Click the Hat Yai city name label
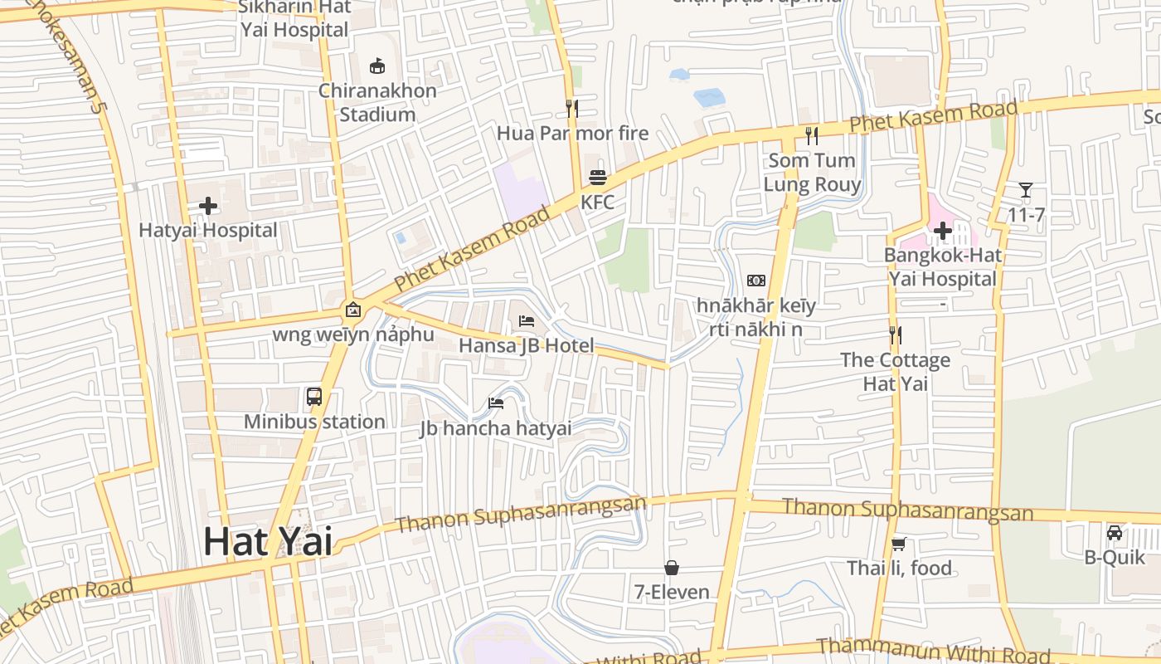[x=268, y=542]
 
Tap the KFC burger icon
[x=598, y=177]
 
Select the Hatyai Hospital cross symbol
[x=207, y=205]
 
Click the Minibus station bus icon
[x=314, y=396]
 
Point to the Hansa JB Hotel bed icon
[x=527, y=320]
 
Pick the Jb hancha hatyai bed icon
[x=496, y=403]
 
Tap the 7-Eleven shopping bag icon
[x=672, y=568]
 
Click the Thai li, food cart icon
[x=898, y=544]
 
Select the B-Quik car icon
[x=1115, y=532]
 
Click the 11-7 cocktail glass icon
[x=1026, y=190]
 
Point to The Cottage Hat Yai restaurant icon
[x=895, y=335]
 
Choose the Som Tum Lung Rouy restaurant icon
[x=812, y=135]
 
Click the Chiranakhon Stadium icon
[x=377, y=66]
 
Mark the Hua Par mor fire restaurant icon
[x=571, y=108]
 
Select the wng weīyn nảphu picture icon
[x=353, y=310]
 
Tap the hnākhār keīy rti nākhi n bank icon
[x=756, y=281]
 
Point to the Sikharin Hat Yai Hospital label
[x=294, y=18]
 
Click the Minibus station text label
[x=314, y=422]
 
